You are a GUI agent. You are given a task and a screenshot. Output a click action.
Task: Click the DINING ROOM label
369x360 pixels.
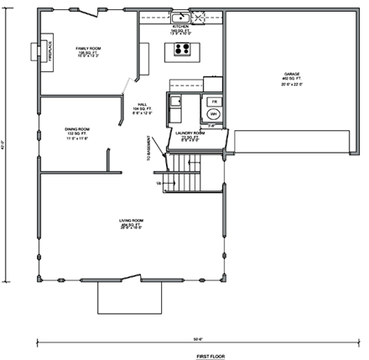(77, 132)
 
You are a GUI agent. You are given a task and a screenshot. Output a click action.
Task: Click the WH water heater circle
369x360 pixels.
(212, 112)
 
